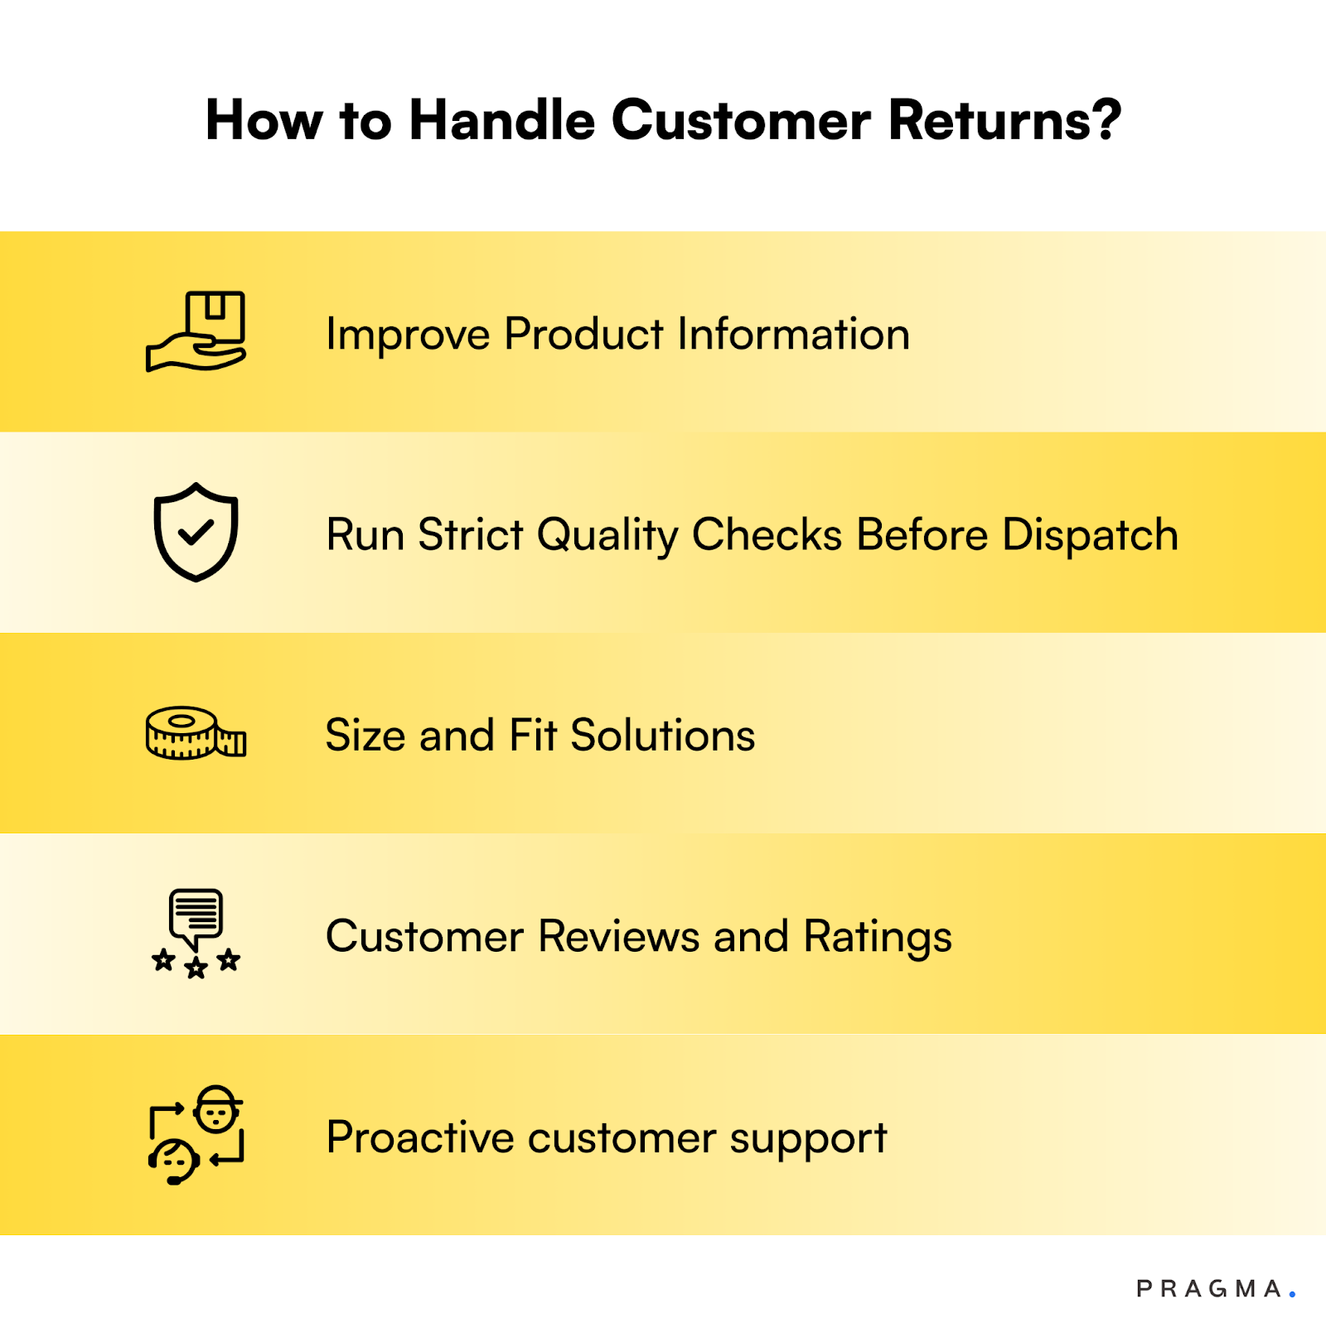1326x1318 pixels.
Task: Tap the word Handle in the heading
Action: point(501,121)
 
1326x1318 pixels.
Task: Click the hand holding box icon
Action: point(196,332)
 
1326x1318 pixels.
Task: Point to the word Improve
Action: point(408,336)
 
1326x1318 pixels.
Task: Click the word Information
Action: point(793,334)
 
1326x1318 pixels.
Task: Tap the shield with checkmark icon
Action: point(196,532)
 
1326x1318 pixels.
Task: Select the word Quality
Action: point(607,536)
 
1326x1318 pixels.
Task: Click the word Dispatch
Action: point(1090,536)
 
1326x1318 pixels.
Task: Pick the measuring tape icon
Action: point(196,733)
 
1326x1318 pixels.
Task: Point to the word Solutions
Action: point(663,736)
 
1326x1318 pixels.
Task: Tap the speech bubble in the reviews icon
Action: point(196,915)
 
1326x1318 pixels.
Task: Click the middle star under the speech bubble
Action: point(196,968)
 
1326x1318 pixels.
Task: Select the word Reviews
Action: point(618,937)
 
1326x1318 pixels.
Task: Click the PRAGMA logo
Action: point(1215,1289)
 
